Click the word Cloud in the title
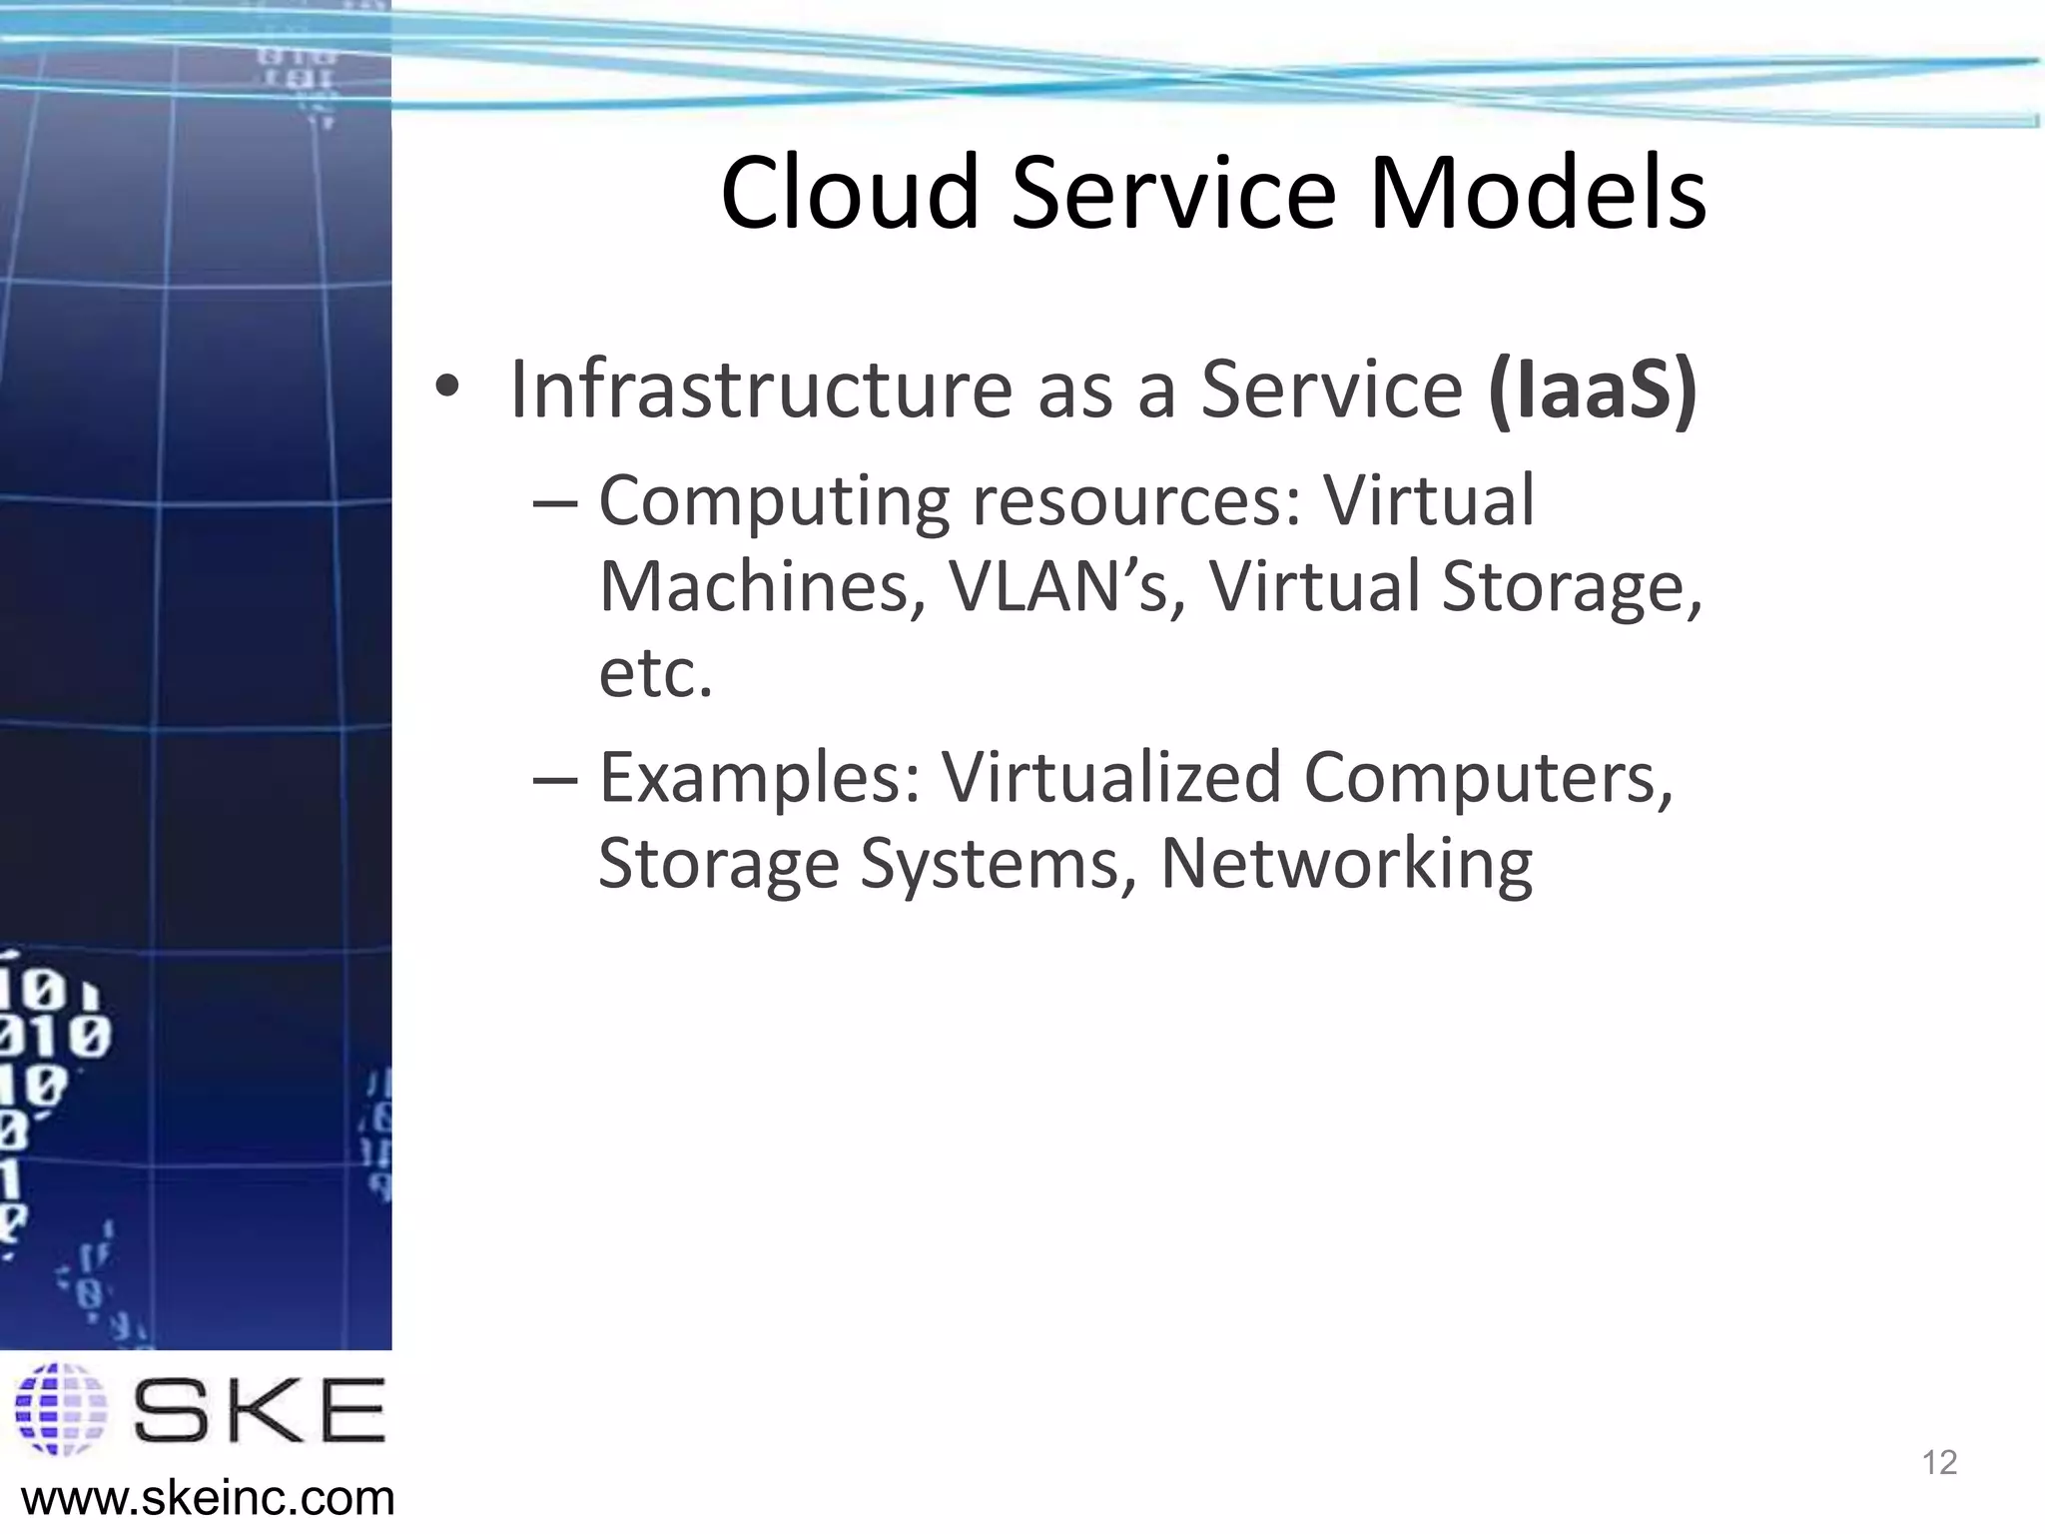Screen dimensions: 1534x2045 point(850,193)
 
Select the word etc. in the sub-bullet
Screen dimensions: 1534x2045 point(655,673)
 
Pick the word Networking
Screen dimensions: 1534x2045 point(1346,863)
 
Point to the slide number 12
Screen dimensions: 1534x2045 point(1939,1463)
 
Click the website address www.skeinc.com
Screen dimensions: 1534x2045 point(208,1498)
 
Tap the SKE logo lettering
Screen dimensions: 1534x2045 point(259,1409)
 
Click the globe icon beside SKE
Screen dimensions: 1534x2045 point(60,1409)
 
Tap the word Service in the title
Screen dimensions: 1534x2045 point(1173,193)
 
